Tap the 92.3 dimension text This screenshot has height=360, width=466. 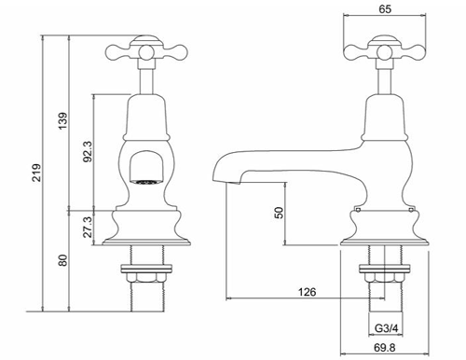(x=87, y=152)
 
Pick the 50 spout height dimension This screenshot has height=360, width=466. (x=277, y=213)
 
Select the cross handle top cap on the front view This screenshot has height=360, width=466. (x=143, y=40)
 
